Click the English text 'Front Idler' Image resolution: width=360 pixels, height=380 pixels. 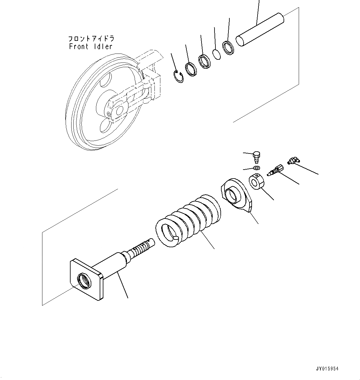tap(90, 47)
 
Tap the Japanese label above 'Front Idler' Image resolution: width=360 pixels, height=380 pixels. tap(91, 39)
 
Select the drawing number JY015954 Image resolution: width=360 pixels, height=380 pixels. tap(327, 369)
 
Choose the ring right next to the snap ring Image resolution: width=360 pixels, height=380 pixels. tap(191, 69)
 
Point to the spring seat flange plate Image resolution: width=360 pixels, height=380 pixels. tap(236, 196)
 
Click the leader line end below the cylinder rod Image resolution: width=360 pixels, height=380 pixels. tap(128, 298)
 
